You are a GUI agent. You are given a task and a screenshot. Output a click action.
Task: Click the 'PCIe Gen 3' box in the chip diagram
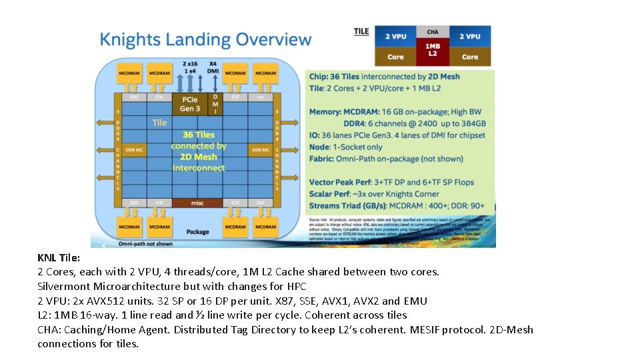pos(190,104)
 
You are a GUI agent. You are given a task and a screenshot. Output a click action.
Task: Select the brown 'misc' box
pos(197,203)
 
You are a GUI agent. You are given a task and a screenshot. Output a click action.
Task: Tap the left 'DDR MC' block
pos(135,150)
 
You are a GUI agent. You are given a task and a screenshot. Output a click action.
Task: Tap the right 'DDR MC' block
pos(260,150)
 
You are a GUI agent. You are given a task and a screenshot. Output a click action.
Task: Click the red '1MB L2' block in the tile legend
pos(433,50)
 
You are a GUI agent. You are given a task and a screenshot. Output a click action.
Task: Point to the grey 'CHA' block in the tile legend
pos(433,31)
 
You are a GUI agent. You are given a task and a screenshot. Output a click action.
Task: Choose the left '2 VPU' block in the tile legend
pos(395,36)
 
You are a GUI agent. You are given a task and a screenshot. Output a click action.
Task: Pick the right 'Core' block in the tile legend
pos(470,57)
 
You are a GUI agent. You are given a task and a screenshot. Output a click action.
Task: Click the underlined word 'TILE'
pos(361,31)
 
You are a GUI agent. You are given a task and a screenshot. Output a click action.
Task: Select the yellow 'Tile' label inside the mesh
pos(159,122)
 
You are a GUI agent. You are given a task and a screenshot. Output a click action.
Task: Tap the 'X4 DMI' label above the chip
pos(213,67)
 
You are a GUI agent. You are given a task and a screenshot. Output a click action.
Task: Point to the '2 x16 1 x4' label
pos(190,67)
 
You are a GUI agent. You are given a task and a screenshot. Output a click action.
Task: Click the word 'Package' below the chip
pos(197,232)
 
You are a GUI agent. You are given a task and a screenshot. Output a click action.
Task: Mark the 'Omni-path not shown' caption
pos(145,244)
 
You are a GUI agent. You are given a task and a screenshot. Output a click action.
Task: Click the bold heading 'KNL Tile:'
pos(59,257)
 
